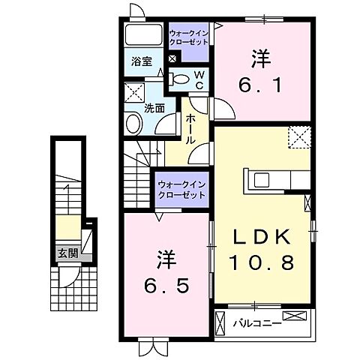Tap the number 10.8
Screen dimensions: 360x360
tap(262, 264)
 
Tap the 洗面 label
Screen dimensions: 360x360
tap(155, 107)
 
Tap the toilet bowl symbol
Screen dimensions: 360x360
tap(181, 79)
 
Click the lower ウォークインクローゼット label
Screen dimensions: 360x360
tap(181, 190)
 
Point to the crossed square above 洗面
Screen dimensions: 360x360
tap(135, 93)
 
